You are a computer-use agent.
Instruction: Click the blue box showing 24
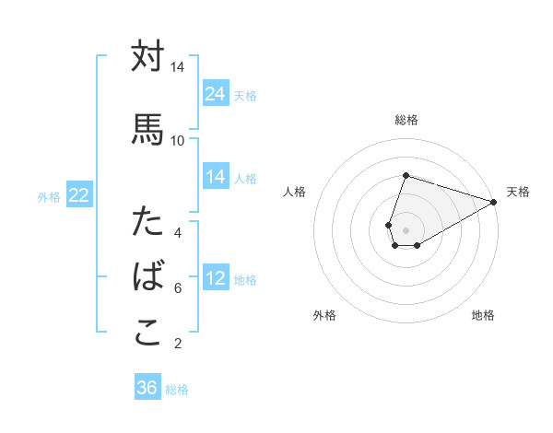(x=216, y=94)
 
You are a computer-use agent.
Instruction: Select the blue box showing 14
(x=216, y=177)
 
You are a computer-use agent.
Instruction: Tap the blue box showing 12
(x=216, y=278)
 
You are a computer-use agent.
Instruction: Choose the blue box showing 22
(x=79, y=195)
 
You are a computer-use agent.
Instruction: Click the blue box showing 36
(x=147, y=388)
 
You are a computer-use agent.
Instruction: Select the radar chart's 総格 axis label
(x=406, y=120)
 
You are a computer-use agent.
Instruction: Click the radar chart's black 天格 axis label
(x=518, y=192)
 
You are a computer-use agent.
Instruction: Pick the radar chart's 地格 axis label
(x=483, y=315)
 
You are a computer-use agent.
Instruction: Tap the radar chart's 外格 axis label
(x=324, y=315)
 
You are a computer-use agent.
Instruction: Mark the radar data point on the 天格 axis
(x=494, y=202)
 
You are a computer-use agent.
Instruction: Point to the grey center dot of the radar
(x=406, y=229)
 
